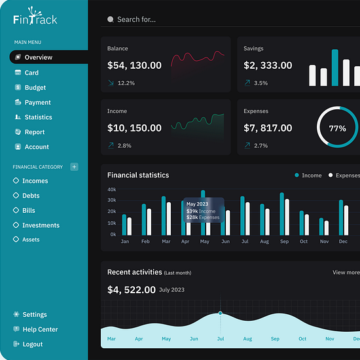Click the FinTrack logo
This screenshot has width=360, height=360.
click(x=35, y=16)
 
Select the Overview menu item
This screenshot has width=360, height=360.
click(x=39, y=57)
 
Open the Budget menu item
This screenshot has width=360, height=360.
click(x=35, y=88)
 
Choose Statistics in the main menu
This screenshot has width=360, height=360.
click(x=39, y=117)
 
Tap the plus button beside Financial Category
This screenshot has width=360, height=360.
click(x=74, y=167)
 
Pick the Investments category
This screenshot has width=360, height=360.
click(x=41, y=225)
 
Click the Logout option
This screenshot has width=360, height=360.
click(x=33, y=344)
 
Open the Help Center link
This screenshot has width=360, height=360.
click(x=40, y=329)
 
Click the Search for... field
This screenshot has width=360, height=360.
click(x=136, y=20)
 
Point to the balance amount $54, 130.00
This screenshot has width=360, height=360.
click(x=134, y=65)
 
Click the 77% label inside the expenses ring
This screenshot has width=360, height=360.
click(x=337, y=128)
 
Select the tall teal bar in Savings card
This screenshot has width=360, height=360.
click(x=335, y=67)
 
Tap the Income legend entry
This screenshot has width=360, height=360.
click(x=312, y=175)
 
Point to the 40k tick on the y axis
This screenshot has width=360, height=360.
click(x=112, y=189)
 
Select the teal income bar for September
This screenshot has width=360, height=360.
click(x=281, y=214)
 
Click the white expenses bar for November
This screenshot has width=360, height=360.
click(x=327, y=228)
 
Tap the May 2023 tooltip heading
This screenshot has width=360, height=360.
click(x=197, y=204)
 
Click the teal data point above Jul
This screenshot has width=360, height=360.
click(x=221, y=313)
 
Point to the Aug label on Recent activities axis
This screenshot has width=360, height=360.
click(x=247, y=338)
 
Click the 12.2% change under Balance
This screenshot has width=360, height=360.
click(x=126, y=83)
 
